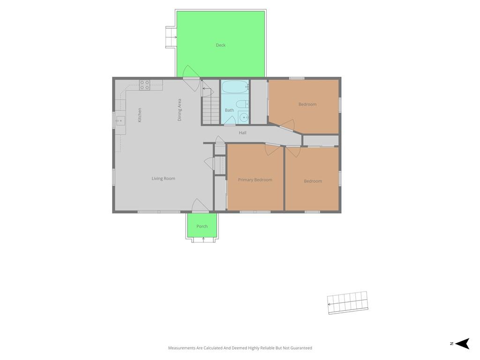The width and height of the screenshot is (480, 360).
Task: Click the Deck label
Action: (220, 45)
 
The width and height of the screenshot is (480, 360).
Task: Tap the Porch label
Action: (202, 226)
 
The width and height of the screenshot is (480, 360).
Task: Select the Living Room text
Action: (164, 179)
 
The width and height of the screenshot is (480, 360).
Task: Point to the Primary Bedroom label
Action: (255, 180)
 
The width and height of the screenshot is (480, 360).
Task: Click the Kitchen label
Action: (140, 115)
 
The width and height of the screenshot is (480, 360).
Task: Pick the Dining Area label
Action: (180, 110)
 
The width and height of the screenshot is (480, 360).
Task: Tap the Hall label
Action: (242, 133)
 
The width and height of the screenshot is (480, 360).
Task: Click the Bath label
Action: (229, 110)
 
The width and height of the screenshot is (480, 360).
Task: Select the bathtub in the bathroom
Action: (235, 87)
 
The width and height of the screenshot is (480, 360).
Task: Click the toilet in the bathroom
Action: (242, 104)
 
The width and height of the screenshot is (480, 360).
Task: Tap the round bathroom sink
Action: (244, 117)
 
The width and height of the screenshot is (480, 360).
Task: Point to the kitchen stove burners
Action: (144, 85)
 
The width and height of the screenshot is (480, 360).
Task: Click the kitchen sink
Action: (120, 121)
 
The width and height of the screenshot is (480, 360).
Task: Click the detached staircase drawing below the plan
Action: (348, 302)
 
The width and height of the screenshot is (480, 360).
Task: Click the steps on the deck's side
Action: (171, 37)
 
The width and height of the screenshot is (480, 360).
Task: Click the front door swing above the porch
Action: (201, 205)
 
